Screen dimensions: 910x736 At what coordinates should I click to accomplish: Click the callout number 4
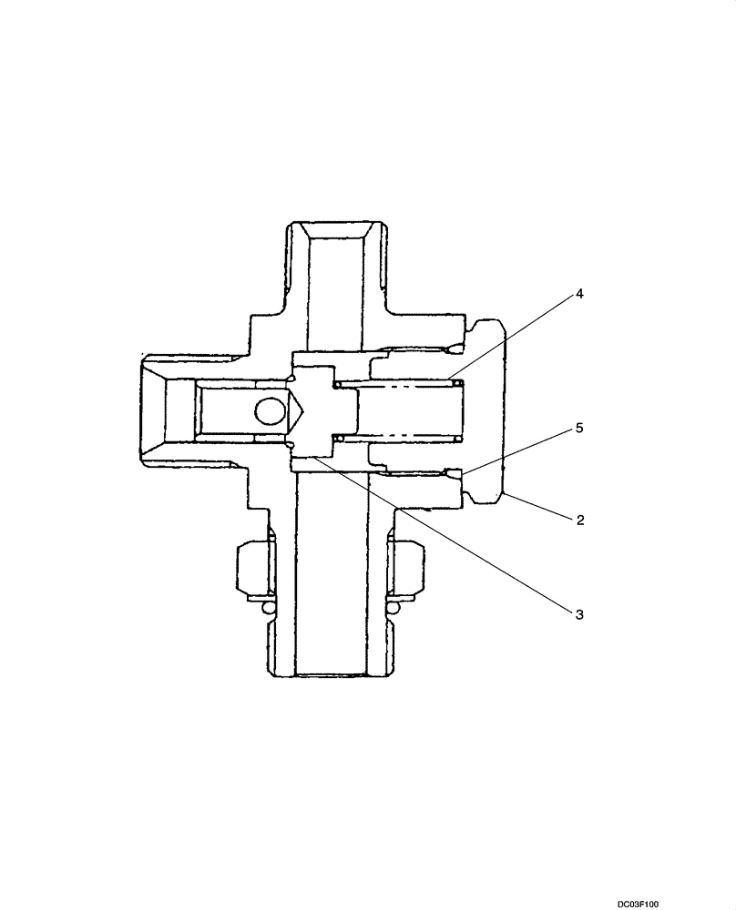pos(579,295)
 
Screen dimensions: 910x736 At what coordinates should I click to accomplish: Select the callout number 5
pos(579,426)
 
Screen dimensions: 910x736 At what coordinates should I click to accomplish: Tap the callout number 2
pos(579,520)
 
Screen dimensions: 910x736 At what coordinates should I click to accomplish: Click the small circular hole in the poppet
pos(271,411)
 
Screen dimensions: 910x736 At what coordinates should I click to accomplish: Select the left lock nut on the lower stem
pos(253,570)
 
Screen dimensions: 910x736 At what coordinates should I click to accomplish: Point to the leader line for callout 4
pos(515,337)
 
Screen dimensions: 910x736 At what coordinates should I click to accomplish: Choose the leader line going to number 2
pos(537,508)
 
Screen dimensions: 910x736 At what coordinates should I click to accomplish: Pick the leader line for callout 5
pos(519,449)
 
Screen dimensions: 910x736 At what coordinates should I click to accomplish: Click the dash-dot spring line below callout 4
pos(410,386)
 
